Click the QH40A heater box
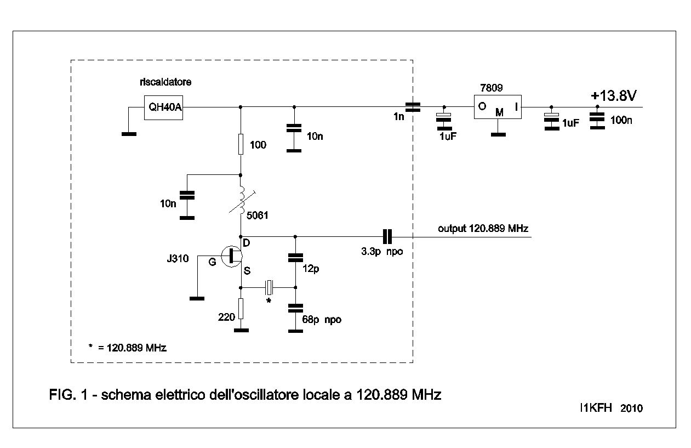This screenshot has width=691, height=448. coord(163,107)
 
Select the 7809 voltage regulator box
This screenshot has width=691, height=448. coord(498,106)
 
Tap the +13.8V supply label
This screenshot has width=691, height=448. coord(613,96)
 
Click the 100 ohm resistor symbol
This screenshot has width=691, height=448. coord(241,144)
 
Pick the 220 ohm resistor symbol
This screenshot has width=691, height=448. coord(241,309)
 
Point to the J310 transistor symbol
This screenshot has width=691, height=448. coord(232,256)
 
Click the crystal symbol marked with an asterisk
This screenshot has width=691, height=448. coord(269,286)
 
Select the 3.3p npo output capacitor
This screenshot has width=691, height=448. coord(387,236)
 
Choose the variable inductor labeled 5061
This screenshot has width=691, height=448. coord(241,201)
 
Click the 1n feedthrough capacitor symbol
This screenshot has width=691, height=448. coord(413,107)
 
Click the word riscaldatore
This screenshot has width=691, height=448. coord(165,82)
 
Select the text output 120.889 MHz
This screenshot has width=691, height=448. coord(483,228)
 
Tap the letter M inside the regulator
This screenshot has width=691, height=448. coord(499,112)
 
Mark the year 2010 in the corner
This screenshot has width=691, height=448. coord(631,409)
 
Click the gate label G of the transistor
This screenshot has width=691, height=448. coord(212,262)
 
